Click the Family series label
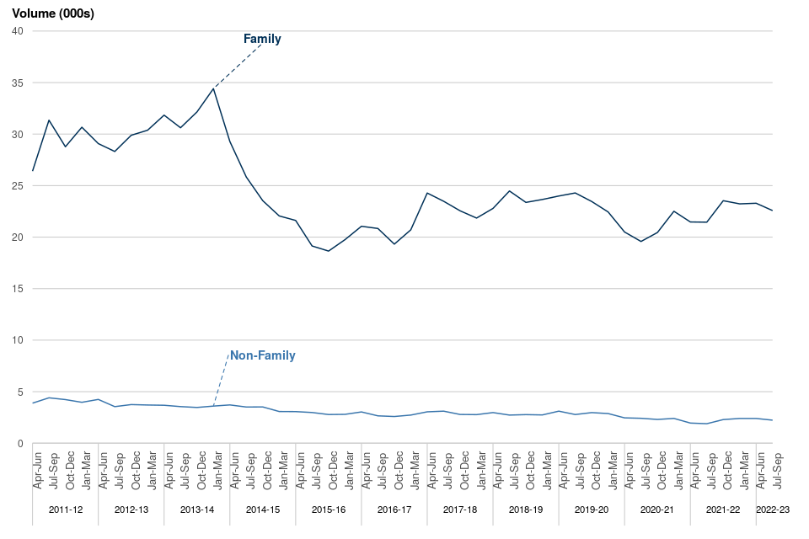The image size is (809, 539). (262, 39)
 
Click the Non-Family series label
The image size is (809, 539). (263, 355)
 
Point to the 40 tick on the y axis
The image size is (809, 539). (17, 31)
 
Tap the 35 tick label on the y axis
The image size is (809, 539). (17, 83)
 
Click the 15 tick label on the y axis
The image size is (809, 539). (17, 289)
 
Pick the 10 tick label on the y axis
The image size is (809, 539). (17, 340)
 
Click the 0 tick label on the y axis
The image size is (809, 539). (20, 444)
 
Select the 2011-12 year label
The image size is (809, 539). (66, 510)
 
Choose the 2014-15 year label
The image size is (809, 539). (263, 510)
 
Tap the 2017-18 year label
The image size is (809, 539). (460, 510)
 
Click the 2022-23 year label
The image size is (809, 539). (774, 510)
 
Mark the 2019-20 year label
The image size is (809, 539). (592, 510)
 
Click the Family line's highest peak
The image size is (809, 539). (214, 88)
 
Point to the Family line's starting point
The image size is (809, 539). (33, 171)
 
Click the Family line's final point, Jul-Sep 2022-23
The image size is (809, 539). (772, 211)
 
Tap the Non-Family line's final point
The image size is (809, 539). (772, 420)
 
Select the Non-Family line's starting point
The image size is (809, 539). (33, 403)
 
